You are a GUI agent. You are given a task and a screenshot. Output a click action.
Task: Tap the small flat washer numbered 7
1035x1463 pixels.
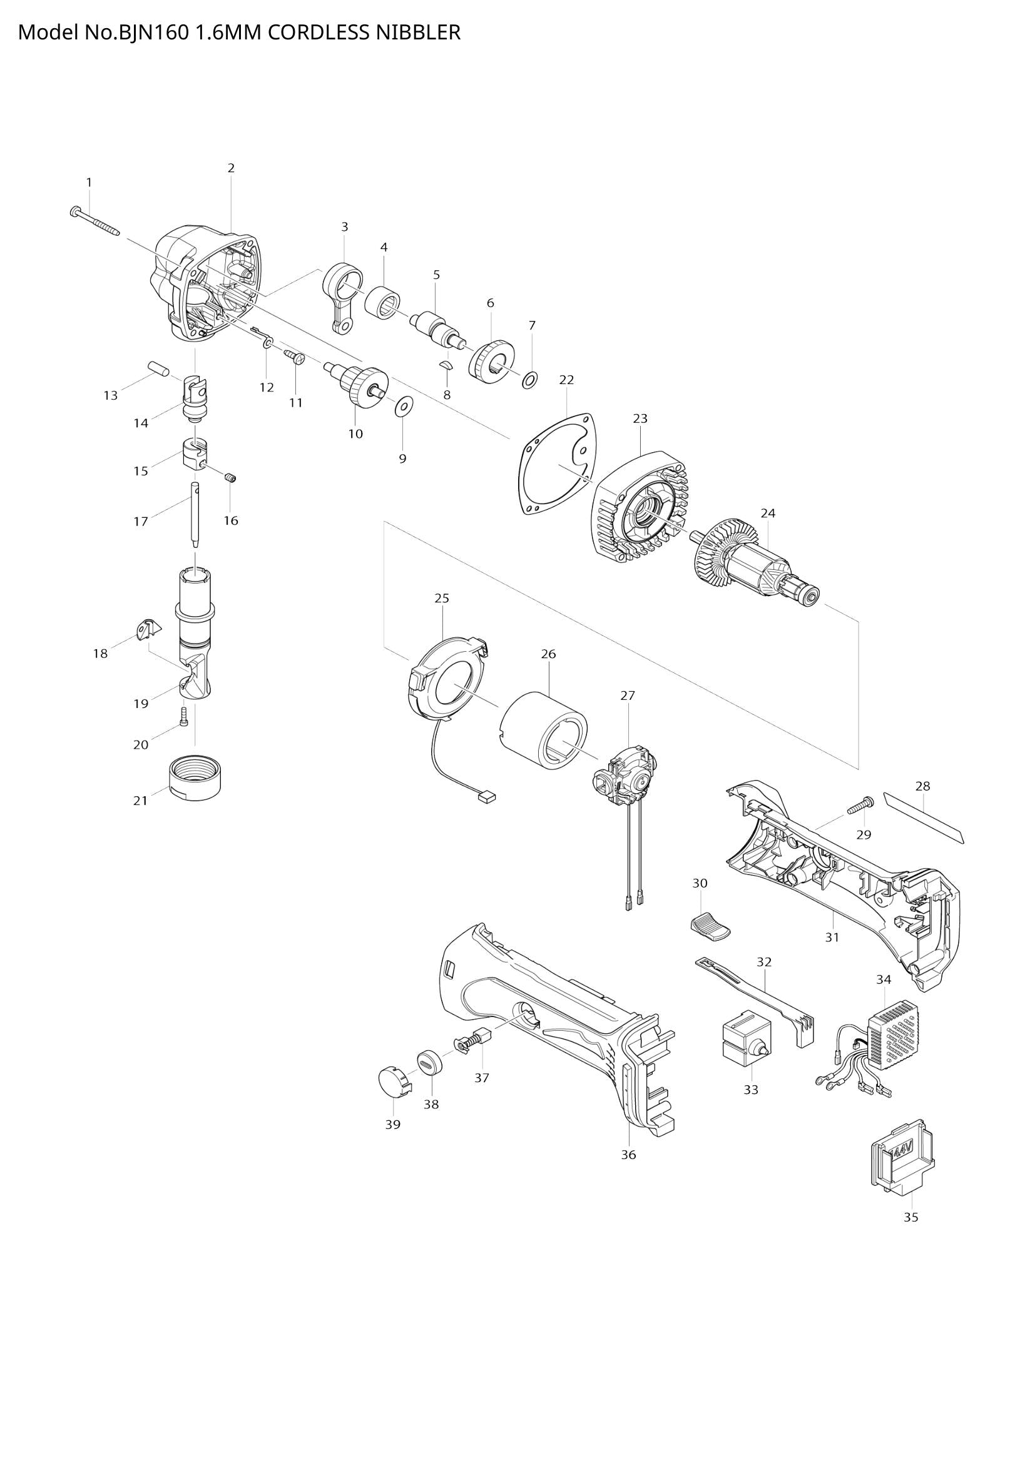[529, 382]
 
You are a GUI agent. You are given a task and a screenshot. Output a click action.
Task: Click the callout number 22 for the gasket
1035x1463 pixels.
[566, 380]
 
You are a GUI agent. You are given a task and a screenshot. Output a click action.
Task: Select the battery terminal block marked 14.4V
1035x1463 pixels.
[904, 1165]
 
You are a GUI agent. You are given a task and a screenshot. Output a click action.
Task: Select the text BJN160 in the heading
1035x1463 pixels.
[151, 32]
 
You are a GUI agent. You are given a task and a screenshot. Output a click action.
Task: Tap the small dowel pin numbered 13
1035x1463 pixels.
[157, 368]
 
